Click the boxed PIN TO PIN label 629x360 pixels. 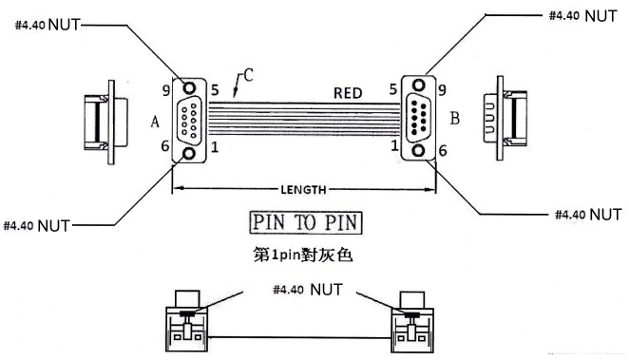point(306,222)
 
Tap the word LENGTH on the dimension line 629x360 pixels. point(303,190)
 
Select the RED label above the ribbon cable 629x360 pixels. point(348,93)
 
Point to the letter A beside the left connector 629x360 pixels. point(155,121)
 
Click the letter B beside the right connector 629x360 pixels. point(454,119)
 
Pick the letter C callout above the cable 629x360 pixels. point(248,75)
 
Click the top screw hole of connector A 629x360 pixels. point(189,87)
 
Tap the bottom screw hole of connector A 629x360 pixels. point(188,154)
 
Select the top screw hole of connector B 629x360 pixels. point(419,85)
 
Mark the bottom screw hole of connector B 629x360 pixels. point(419,151)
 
